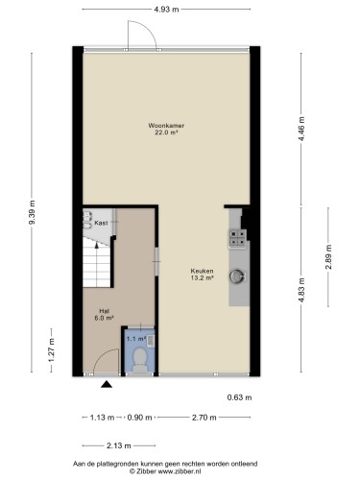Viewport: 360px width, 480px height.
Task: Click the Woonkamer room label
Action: [x=166, y=126]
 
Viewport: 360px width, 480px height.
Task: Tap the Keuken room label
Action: [x=202, y=271]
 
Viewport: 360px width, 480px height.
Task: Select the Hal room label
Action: [x=105, y=311]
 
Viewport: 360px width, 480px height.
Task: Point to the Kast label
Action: [x=101, y=223]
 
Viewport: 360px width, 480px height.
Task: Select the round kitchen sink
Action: [x=237, y=276]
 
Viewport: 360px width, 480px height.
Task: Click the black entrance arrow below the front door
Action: [x=107, y=384]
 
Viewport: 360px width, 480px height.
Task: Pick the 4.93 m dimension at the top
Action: [x=166, y=10]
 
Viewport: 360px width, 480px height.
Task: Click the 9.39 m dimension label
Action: [x=32, y=212]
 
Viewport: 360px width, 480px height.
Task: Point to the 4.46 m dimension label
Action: [x=302, y=129]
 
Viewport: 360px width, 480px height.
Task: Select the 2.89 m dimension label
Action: [x=328, y=257]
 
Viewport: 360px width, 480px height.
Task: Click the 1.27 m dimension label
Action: [x=51, y=350]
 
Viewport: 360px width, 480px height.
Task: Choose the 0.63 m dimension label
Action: [x=239, y=397]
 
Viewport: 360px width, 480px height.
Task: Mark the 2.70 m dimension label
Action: [x=204, y=418]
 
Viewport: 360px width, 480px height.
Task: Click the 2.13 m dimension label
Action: [x=119, y=445]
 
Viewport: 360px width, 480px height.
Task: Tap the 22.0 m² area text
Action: [x=166, y=132]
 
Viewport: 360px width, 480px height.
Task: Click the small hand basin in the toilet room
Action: [x=151, y=341]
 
